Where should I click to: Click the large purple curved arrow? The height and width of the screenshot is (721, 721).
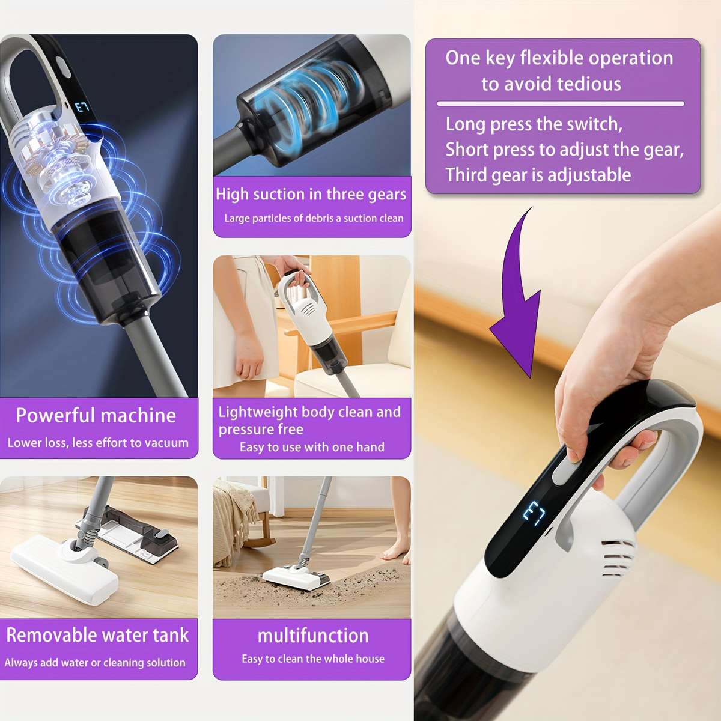coord(517,300)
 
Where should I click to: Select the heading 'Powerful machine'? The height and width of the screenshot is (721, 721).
coord(96,415)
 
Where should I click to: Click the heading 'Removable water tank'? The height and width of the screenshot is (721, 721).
coord(97,635)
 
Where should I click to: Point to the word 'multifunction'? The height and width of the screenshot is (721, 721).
coord(313,635)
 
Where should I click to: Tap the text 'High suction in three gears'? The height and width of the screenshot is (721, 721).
coord(311,194)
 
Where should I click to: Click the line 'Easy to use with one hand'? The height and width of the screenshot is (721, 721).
coord(312,447)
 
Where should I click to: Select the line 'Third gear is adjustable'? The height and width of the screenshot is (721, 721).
coord(538,175)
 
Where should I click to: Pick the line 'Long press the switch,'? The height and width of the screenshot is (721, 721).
coord(534,124)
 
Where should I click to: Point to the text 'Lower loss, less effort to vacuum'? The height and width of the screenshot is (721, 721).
coord(98,443)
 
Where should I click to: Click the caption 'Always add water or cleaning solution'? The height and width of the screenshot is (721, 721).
coord(95,663)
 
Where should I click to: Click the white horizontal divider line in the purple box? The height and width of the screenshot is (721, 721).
coord(560,104)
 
